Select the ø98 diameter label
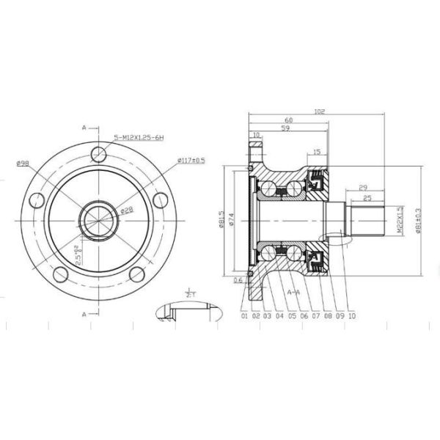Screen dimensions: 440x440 (21, 163)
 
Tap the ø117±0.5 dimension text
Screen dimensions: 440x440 (191, 160)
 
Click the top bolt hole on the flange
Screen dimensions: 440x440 (100, 153)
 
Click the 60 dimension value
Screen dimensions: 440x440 (288, 120)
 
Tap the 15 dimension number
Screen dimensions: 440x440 (316, 153)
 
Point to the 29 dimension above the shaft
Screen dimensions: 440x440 (364, 188)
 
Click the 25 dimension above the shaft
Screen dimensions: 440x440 (367, 198)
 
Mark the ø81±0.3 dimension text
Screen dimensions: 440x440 (418, 219)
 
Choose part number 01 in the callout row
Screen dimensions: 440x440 (243, 316)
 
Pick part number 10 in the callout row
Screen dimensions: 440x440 (352, 316)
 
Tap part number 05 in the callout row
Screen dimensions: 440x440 (291, 316)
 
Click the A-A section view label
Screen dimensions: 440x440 (293, 292)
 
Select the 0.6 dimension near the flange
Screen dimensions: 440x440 (238, 279)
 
